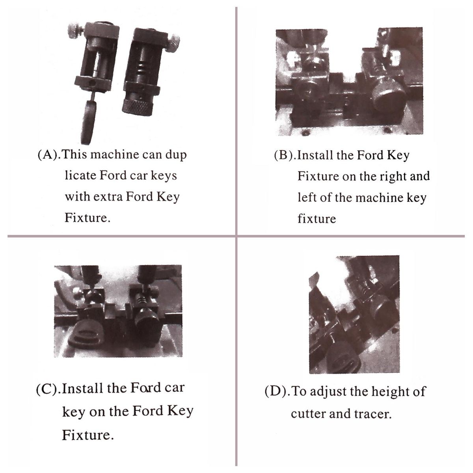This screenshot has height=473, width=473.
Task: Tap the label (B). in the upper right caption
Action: [x=285, y=156]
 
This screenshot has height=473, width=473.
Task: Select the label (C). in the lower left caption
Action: [x=48, y=389]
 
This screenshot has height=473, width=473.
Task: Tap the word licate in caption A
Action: [x=80, y=175]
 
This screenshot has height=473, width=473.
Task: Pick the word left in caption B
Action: [x=307, y=197]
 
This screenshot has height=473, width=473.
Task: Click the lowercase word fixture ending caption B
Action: [x=317, y=218]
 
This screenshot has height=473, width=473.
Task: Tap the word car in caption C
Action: [x=174, y=388]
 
